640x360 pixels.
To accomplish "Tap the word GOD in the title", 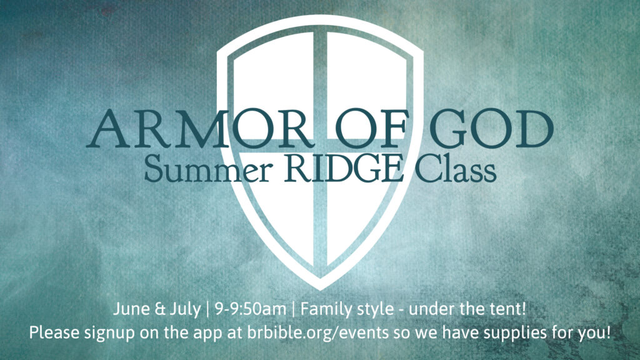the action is [x=491, y=129].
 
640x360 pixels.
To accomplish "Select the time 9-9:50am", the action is [x=250, y=309].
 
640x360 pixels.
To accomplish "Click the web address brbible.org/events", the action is [x=318, y=332].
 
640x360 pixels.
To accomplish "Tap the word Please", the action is [x=54, y=332].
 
